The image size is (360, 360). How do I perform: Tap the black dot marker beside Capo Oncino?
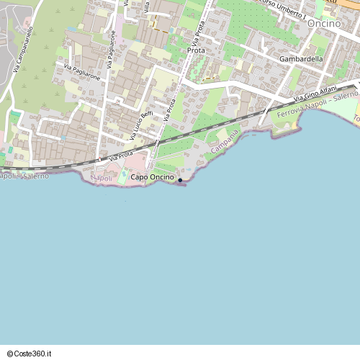click(x=179, y=180)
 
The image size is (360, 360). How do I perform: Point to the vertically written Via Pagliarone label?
click(x=112, y=50)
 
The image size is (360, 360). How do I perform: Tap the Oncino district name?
click(x=321, y=24)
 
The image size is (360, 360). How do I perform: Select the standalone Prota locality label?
click(x=196, y=50)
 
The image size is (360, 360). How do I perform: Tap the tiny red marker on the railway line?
click(x=99, y=159)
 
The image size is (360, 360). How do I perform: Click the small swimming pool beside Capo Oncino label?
click(x=122, y=177)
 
